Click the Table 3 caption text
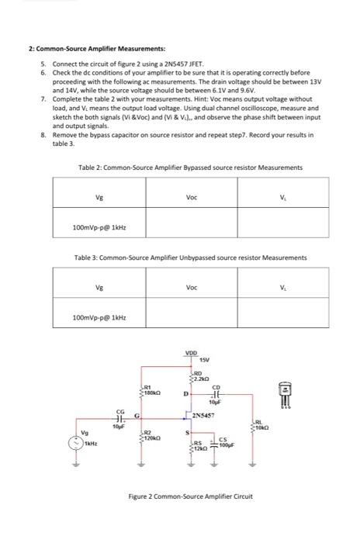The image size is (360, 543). [190, 258]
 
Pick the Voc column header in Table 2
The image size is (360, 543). [191, 197]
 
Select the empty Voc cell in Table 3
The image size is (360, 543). [191, 317]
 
